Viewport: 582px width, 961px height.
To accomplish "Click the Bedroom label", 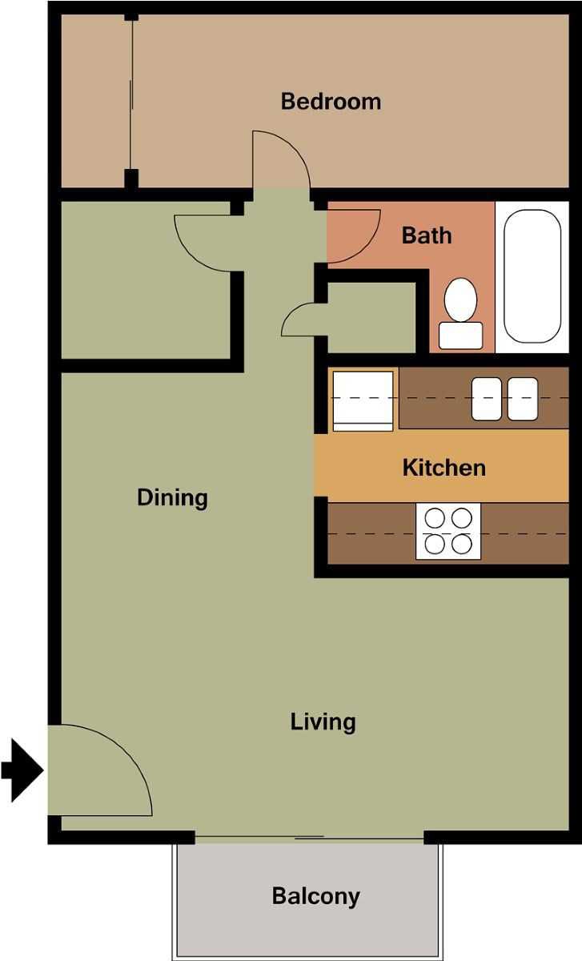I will tap(331, 102).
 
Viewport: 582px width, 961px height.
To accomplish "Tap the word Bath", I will tap(427, 235).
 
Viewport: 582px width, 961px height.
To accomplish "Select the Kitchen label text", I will tap(444, 467).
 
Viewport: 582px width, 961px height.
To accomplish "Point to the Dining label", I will tap(172, 497).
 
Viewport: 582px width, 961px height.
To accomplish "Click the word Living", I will tap(323, 722).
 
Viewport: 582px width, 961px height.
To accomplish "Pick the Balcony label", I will tap(315, 895).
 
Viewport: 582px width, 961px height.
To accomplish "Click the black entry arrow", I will tap(22, 770).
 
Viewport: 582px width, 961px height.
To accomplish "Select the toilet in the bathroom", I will tap(460, 314).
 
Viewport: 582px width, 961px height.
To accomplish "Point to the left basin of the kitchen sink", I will tap(487, 399).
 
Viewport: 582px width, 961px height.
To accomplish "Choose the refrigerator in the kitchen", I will tap(363, 400).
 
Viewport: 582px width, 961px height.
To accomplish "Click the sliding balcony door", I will tap(309, 838).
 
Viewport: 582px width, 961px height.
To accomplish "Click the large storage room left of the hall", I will tap(146, 280).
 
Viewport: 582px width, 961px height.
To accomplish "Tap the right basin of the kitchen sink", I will tap(523, 399).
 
